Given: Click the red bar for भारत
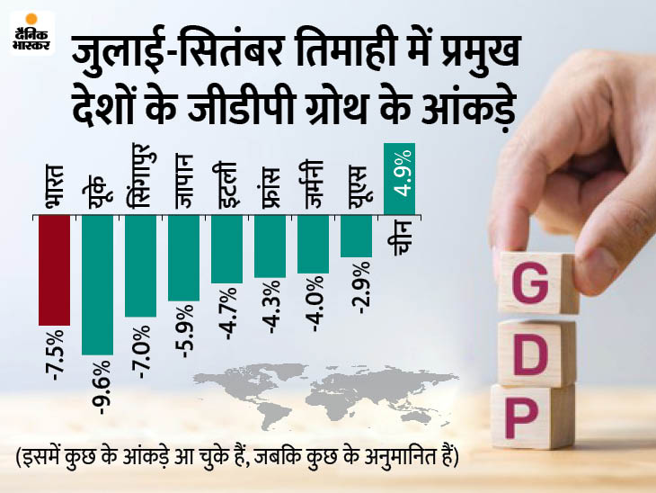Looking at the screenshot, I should point(54,270).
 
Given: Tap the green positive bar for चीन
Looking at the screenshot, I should point(399,179).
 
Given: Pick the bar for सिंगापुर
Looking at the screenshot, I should point(140,266).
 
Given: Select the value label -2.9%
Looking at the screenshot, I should point(357,287).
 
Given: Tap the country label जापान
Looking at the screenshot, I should point(183,184).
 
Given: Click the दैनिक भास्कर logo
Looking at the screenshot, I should point(32,34).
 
